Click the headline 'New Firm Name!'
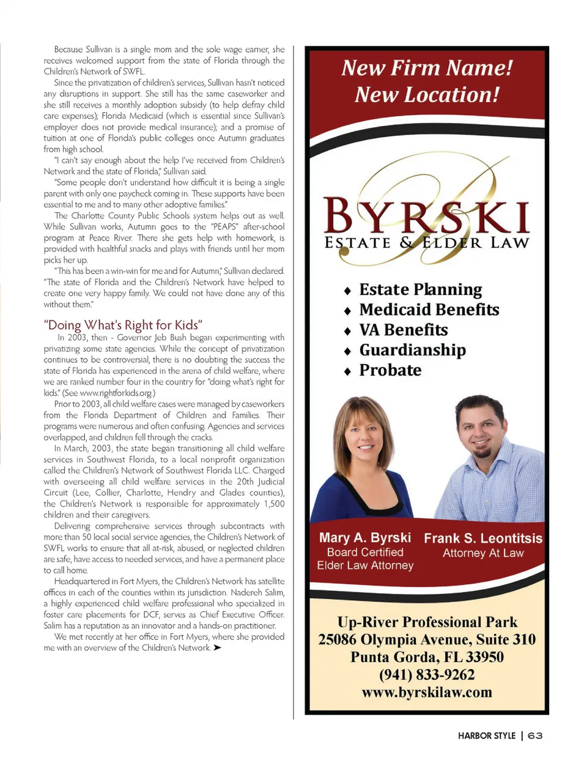point(427,68)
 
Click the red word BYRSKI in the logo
point(426,217)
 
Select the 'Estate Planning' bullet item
point(420,289)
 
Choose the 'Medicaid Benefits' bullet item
point(429,310)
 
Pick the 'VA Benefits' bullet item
point(403,330)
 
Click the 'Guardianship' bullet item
point(412,350)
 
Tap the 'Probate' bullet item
point(390,370)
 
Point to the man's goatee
point(483,453)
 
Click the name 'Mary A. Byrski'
point(365,538)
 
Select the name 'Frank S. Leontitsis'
point(483,538)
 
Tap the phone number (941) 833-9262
point(427,675)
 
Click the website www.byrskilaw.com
point(427,692)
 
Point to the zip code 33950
point(484,657)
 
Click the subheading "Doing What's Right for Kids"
point(123,325)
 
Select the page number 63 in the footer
point(535,735)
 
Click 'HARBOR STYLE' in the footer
point(487,735)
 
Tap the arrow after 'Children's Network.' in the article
point(217,648)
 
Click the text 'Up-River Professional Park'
point(427,622)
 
